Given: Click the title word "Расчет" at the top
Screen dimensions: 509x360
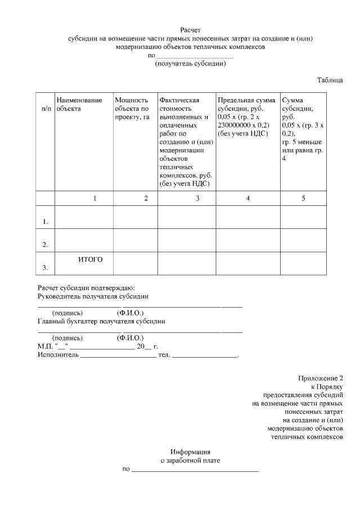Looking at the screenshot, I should (190, 30).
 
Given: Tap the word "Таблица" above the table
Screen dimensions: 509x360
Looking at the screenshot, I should (330, 80).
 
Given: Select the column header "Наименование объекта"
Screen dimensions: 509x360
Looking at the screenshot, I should (79, 104).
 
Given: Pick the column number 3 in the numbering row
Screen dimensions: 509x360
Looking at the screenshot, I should (197, 198).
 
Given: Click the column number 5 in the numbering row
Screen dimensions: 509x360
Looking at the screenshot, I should (303, 198).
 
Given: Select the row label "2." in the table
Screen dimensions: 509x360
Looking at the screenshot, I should (45, 245).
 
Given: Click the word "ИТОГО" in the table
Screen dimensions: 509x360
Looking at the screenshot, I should (90, 259).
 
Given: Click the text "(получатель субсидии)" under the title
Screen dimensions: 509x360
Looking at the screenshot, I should (190, 64).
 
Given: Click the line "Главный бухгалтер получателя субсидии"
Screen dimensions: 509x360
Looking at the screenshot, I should (101, 321).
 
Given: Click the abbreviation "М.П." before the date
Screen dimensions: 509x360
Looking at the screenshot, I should (45, 346).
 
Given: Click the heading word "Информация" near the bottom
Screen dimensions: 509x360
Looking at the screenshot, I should (190, 452).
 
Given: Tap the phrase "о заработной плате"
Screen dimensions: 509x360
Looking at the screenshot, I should (190, 460).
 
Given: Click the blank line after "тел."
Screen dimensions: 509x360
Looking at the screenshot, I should (205, 356).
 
